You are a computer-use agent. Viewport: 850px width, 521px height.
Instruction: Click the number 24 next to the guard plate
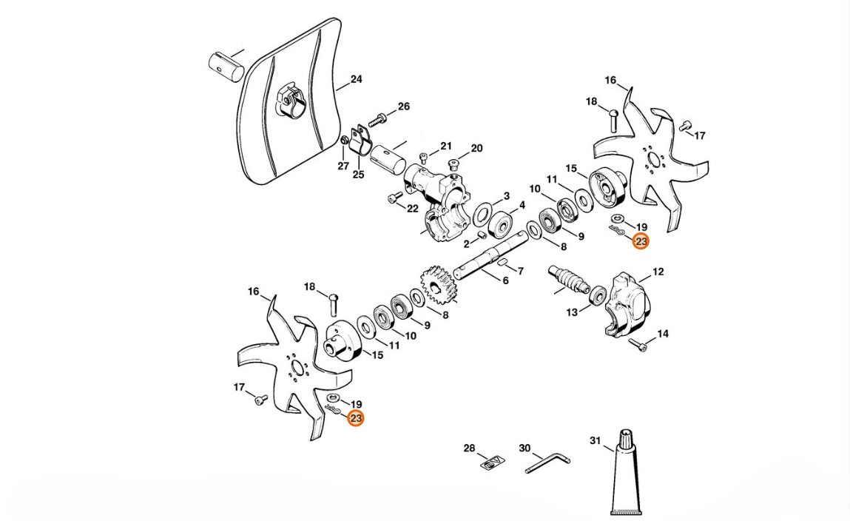tap(356, 79)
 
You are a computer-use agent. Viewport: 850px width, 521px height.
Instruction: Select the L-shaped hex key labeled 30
tap(547, 464)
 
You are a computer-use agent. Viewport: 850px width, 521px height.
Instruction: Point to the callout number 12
tap(658, 272)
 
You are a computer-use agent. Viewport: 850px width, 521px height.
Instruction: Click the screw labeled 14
tap(638, 343)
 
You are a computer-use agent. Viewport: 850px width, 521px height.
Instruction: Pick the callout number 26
tap(403, 107)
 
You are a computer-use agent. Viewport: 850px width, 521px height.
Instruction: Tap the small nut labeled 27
tap(345, 141)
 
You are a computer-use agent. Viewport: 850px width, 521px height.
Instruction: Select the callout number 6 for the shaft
tap(505, 280)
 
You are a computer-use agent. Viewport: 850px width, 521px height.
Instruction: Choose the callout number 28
tap(469, 448)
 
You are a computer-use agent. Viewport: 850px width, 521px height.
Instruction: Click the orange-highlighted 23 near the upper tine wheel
tap(641, 241)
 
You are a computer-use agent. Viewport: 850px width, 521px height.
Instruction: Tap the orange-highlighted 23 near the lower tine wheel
tap(356, 418)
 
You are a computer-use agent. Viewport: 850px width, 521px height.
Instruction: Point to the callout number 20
tap(476, 148)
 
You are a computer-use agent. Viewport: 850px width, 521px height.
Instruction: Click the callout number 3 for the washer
tap(506, 196)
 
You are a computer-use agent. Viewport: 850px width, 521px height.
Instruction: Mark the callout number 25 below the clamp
tap(358, 175)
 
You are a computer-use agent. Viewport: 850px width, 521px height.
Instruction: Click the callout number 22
tap(412, 208)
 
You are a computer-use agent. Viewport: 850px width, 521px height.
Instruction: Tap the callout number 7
tap(520, 272)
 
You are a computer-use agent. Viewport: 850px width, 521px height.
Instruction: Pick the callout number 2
tap(466, 244)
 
